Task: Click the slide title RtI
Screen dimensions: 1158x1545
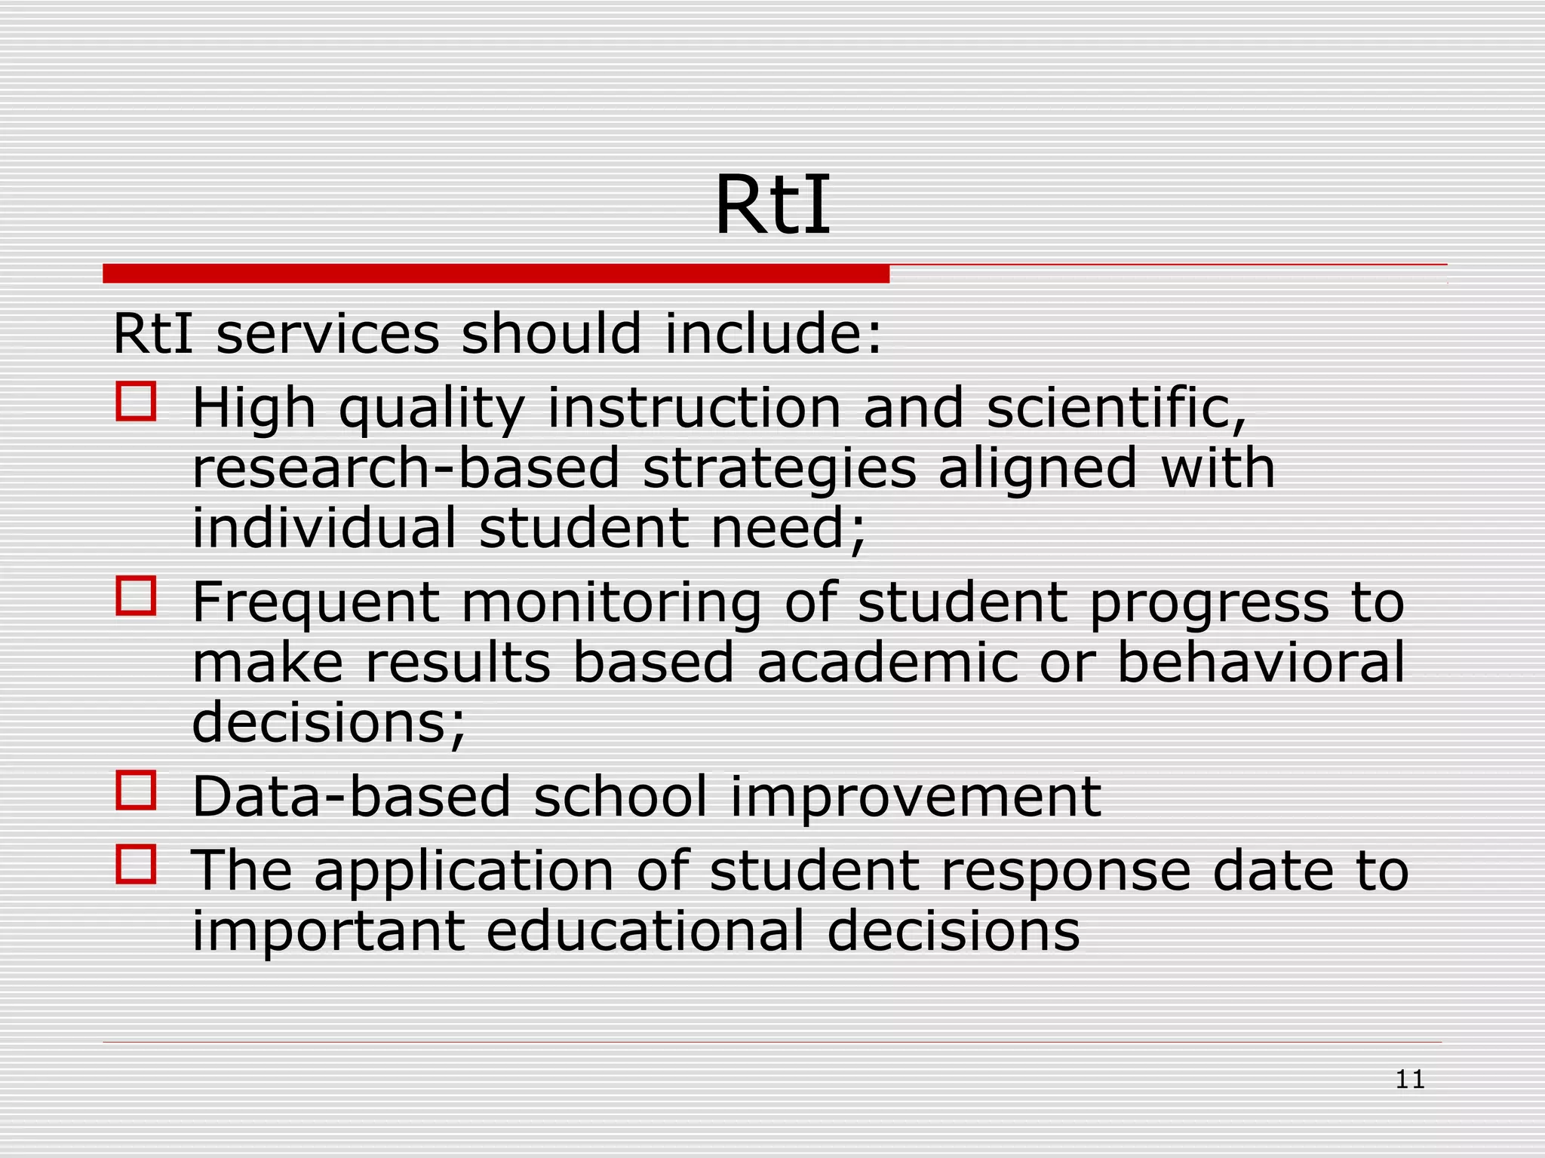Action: coord(772,205)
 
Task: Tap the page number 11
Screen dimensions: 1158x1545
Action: coord(1409,1080)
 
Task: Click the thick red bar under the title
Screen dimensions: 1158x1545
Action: coord(496,274)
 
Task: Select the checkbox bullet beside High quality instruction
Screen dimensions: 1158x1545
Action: coord(136,400)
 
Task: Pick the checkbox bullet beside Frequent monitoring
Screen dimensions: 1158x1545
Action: coord(136,596)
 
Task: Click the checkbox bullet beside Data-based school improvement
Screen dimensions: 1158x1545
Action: coord(136,790)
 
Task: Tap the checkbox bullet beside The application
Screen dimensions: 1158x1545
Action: coord(136,864)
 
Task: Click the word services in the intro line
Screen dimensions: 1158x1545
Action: coord(327,333)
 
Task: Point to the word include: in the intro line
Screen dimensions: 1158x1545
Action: coord(772,333)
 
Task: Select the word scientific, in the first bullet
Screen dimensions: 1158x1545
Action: coord(1117,408)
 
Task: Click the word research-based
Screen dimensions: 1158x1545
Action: coord(405,468)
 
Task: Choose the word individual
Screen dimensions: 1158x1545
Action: coord(324,527)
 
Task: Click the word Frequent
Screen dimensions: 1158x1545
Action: coord(315,604)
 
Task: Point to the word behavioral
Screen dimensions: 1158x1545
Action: coord(1261,662)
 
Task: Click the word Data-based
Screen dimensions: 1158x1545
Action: coord(352,797)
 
